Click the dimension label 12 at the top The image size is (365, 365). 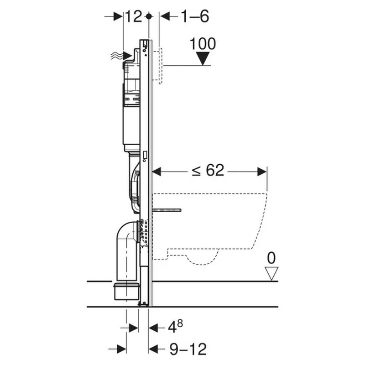click(x=134, y=16)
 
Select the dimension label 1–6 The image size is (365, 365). click(x=195, y=16)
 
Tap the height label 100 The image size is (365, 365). click(x=203, y=43)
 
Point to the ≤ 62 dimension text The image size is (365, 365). click(x=208, y=170)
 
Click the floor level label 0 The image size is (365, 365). click(x=271, y=258)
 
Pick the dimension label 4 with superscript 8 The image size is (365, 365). click(x=175, y=327)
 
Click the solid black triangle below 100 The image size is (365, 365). click(x=203, y=58)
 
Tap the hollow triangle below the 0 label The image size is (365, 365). click(x=271, y=274)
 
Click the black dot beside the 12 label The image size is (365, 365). click(x=149, y=16)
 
